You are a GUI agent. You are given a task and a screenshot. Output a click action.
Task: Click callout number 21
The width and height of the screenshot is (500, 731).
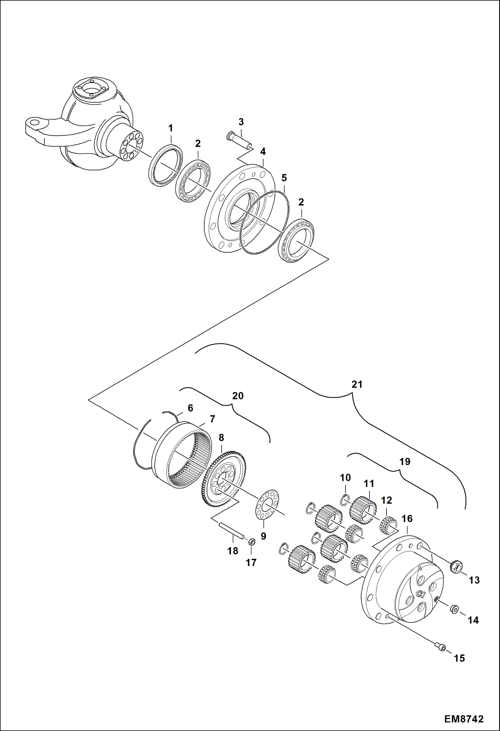(357, 384)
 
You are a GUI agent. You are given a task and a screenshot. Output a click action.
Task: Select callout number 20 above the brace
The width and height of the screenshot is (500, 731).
(238, 396)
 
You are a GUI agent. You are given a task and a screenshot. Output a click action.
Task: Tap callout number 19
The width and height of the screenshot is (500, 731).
(405, 461)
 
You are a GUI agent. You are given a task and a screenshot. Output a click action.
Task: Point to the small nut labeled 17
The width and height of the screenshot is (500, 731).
(252, 541)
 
